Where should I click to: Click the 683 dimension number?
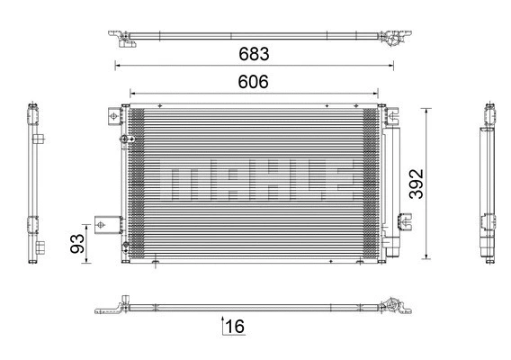255,53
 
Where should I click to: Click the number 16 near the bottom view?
235,327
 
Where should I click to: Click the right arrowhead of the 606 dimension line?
376,93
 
